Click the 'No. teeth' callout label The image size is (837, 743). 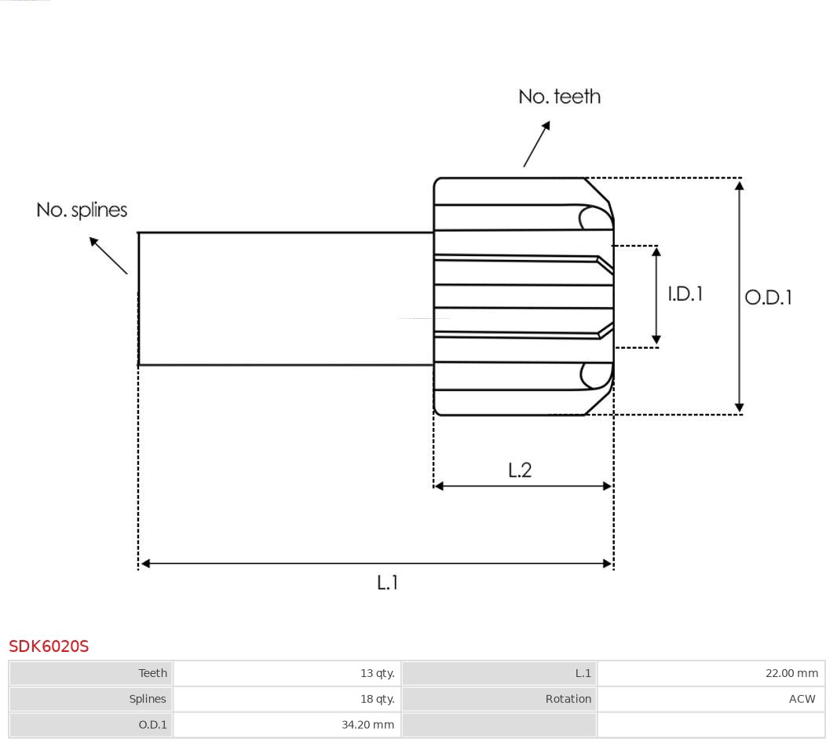click(559, 97)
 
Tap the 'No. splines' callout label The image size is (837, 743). click(82, 210)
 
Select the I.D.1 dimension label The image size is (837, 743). click(685, 294)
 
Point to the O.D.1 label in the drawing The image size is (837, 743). click(768, 298)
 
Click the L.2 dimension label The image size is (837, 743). click(520, 470)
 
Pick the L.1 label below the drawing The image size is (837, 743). click(388, 583)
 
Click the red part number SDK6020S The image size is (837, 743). click(49, 646)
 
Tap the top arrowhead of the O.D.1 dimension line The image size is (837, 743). click(739, 185)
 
